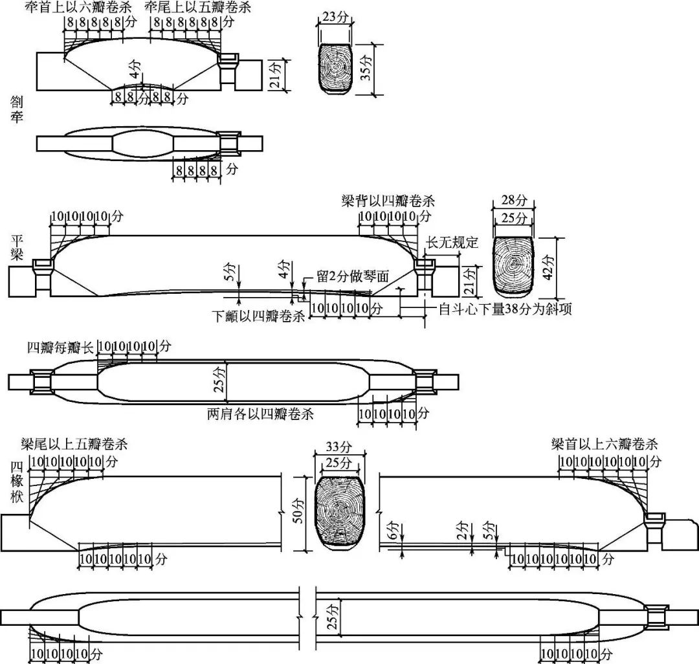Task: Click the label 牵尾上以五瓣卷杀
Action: (198, 8)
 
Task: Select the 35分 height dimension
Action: (367, 69)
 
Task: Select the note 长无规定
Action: (452, 243)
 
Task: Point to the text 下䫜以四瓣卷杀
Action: (258, 317)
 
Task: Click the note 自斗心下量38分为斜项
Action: (505, 309)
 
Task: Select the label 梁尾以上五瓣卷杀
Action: (74, 445)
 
